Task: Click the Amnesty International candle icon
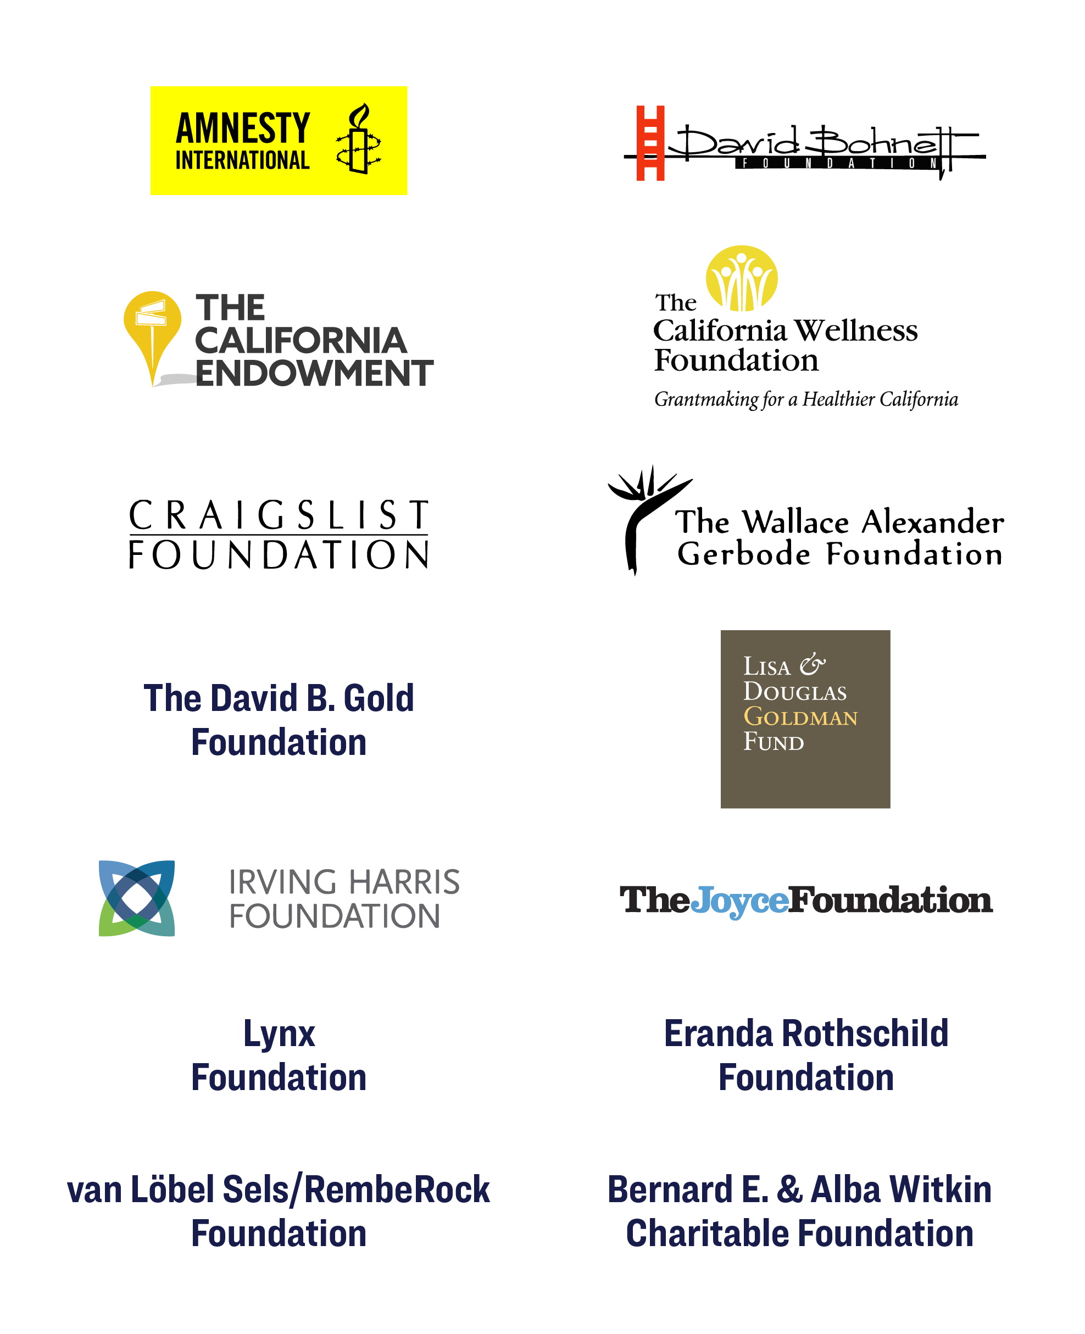tap(358, 139)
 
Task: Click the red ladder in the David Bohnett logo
tap(650, 143)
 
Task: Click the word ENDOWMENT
tap(314, 373)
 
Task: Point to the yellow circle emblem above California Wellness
tap(742, 278)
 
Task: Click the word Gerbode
tap(744, 554)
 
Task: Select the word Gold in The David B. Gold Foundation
tap(379, 698)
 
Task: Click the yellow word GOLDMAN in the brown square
tap(800, 716)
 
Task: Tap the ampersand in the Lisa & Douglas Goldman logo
tap(813, 664)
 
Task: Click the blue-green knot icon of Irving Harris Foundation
tap(137, 898)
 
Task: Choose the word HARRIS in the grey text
tap(404, 882)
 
